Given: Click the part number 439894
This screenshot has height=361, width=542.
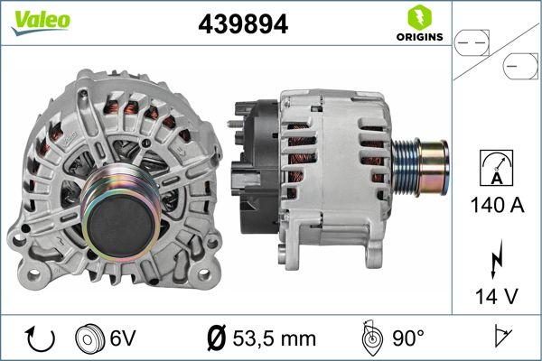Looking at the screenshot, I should (243, 24).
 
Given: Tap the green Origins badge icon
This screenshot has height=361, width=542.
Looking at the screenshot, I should (418, 16).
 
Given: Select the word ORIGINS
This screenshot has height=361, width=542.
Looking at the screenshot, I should (418, 37).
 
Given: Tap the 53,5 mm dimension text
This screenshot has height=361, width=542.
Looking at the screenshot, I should (274, 338).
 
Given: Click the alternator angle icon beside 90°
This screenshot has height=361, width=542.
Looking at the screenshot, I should (370, 338).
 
